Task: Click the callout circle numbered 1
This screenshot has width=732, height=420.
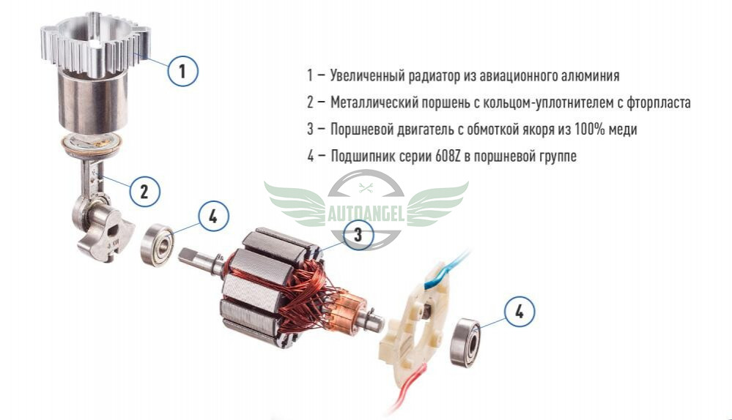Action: coord(182,71)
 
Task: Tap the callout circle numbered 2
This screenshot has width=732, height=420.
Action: coord(144,191)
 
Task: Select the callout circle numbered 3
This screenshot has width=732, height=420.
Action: coord(358,234)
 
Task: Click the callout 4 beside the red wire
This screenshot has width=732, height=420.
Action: coord(520,311)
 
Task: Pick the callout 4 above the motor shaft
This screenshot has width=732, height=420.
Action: coord(213,216)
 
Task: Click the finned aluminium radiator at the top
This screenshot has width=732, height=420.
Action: coord(96,42)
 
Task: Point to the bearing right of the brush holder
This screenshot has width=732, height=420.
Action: coord(466,342)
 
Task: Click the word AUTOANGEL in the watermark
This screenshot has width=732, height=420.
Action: coord(366,214)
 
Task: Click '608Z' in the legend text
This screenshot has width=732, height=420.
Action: coord(448,156)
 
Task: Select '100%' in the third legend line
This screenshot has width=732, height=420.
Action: coord(591,129)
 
